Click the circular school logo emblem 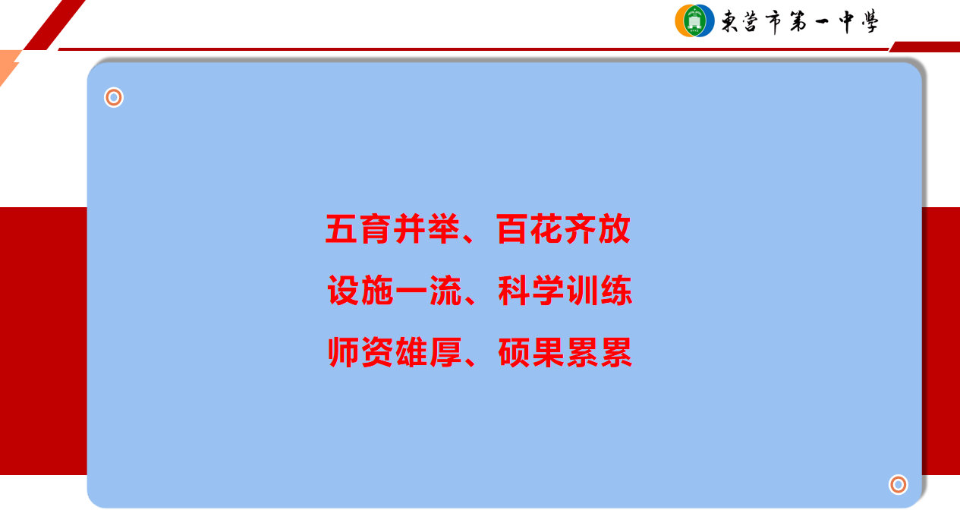pos(694,20)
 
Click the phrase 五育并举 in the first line pos(392,229)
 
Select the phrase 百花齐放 pos(563,229)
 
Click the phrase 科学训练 pos(565,291)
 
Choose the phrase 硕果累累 pos(565,352)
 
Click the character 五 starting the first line pos(342,229)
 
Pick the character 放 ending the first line pos(615,229)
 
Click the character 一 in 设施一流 pos(411,291)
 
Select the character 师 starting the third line pos(343,352)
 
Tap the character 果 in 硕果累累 pos(548,352)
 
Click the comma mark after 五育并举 pos(468,238)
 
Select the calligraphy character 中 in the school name pos(846,21)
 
